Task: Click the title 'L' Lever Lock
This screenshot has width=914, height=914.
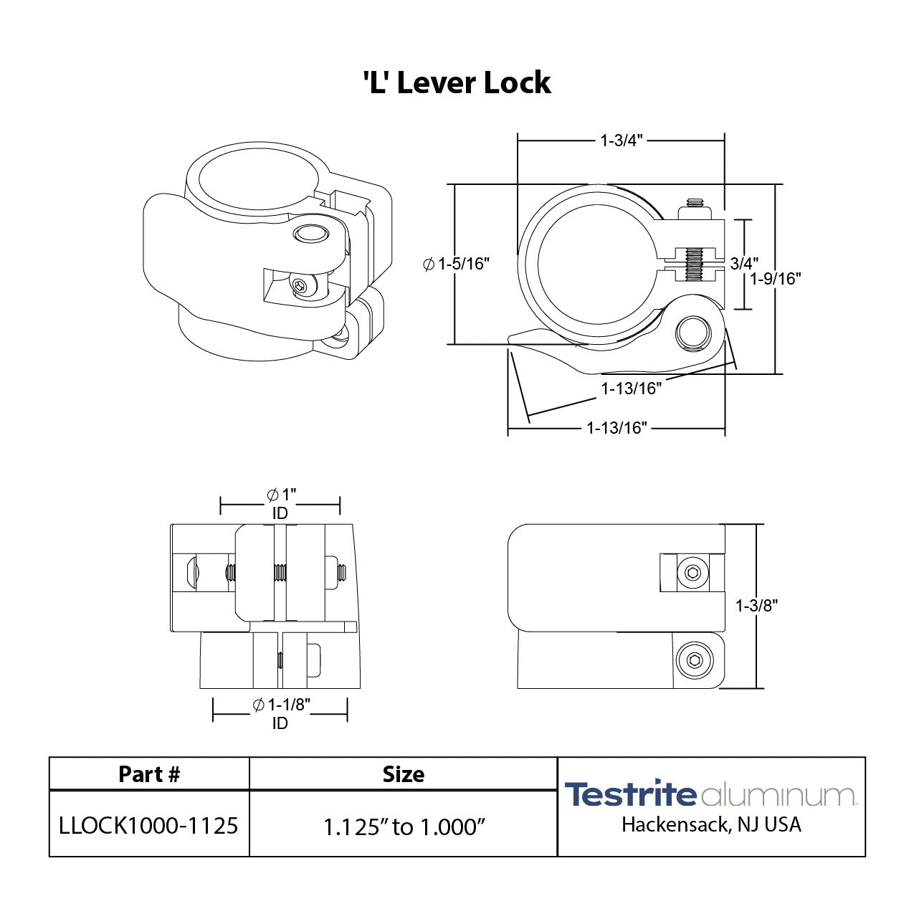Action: tap(457, 82)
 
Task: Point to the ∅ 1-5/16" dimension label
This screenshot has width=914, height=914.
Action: tap(456, 264)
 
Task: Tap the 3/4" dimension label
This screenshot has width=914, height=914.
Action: tap(744, 264)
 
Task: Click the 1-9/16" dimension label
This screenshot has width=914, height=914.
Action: tap(776, 279)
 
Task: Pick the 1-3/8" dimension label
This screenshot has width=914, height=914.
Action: tap(756, 606)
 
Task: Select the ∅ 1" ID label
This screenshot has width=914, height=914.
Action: tap(280, 503)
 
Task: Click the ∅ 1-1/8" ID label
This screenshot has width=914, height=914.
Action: tap(280, 713)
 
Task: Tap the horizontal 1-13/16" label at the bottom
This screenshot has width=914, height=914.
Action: tap(617, 428)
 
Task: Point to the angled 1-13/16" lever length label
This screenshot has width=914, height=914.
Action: tap(631, 389)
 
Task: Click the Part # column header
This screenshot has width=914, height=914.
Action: tap(149, 774)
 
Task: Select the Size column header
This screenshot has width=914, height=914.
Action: tap(403, 774)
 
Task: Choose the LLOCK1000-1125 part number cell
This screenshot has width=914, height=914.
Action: tap(149, 826)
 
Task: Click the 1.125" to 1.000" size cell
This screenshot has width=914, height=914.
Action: tap(404, 827)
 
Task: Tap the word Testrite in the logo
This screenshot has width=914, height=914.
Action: tap(631, 794)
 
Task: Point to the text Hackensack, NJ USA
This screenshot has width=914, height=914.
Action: tap(711, 824)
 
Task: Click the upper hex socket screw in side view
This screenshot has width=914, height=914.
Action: tap(692, 572)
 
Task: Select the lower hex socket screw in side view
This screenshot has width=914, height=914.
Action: tap(693, 660)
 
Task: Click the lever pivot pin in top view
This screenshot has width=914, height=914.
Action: tap(693, 333)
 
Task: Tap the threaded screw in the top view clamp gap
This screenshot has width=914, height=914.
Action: tap(694, 264)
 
